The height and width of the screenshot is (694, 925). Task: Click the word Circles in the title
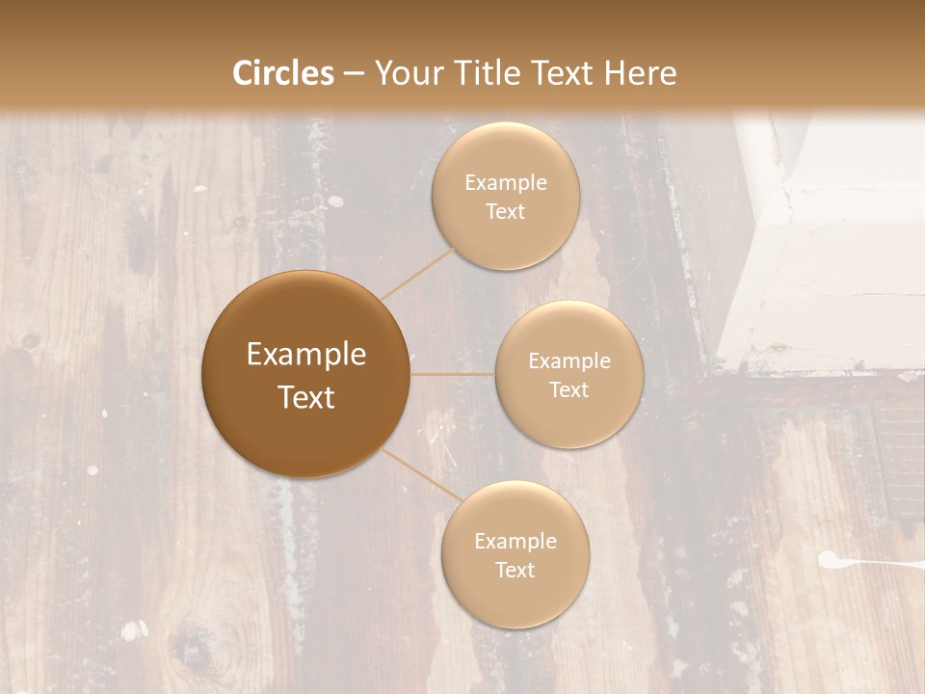[x=283, y=73]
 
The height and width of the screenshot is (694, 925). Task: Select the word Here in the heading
[x=640, y=73]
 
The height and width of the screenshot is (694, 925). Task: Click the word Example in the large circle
[x=306, y=355]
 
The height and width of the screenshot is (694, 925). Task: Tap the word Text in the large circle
[x=306, y=397]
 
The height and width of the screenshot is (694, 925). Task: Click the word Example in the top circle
[x=506, y=183]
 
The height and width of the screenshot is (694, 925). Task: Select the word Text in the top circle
[x=506, y=211]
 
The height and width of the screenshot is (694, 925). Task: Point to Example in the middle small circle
[x=569, y=361]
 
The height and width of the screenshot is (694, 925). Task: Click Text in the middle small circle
[x=569, y=389]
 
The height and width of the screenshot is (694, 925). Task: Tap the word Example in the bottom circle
[x=515, y=542]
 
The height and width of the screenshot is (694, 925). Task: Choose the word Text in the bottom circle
[x=515, y=570]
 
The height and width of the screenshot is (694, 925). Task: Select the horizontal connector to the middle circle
[x=452, y=374]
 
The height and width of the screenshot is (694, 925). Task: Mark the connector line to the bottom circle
[x=418, y=473]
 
